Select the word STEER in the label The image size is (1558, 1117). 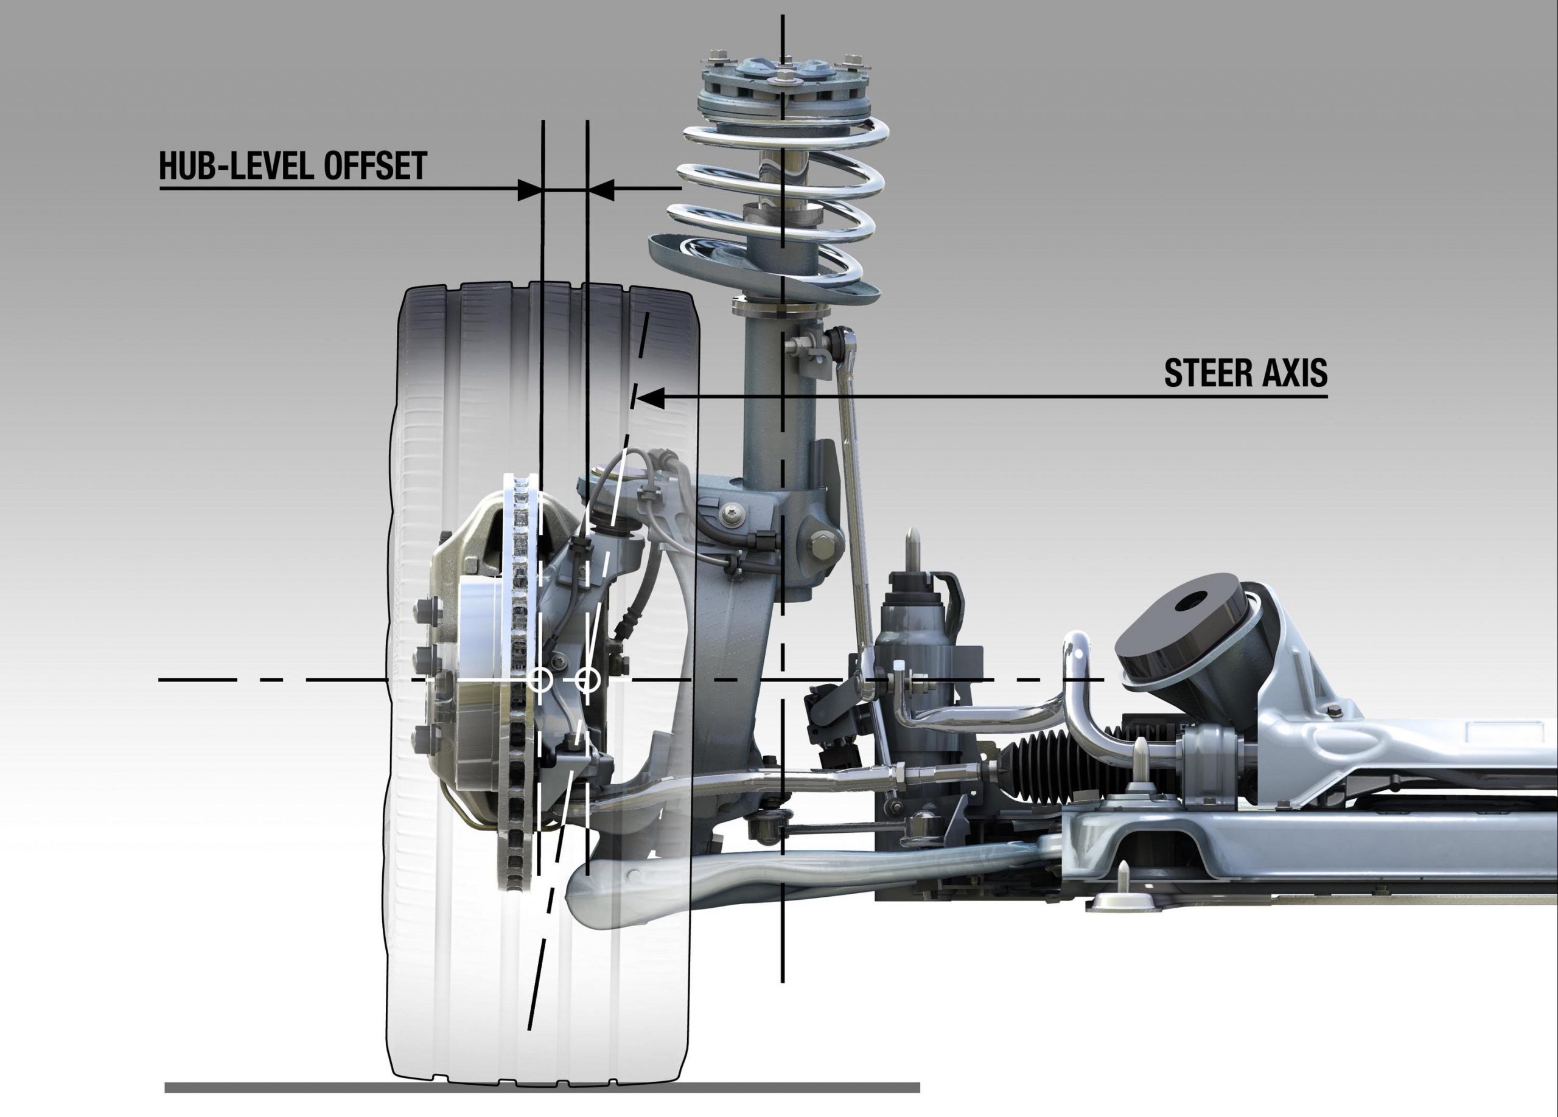click(x=1210, y=374)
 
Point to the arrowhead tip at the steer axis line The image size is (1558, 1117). click(x=639, y=397)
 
